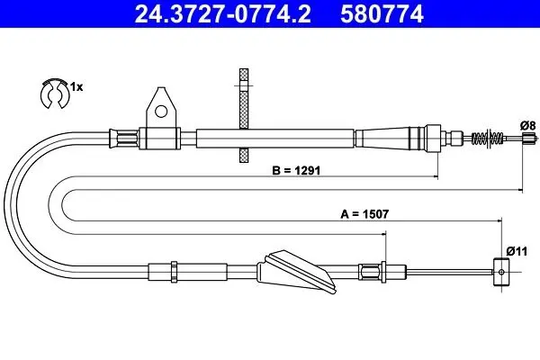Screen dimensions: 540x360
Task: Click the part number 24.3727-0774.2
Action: pyautogui.click(x=222, y=14)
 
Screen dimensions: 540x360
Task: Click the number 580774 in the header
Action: pyautogui.click(x=382, y=14)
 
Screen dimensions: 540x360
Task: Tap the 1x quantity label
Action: pyautogui.click(x=76, y=87)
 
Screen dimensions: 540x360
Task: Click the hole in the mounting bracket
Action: pyautogui.click(x=161, y=112)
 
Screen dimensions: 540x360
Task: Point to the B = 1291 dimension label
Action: pyautogui.click(x=296, y=170)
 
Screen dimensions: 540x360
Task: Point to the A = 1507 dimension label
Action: pyautogui.click(x=364, y=214)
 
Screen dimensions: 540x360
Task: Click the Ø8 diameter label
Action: pyautogui.click(x=527, y=125)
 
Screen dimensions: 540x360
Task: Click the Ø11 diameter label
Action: pyautogui.click(x=517, y=251)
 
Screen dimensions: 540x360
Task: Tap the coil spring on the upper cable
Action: pyautogui.click(x=487, y=138)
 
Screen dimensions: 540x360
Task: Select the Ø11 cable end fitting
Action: pyautogui.click(x=501, y=272)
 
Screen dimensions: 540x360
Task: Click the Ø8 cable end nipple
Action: pyautogui.click(x=530, y=138)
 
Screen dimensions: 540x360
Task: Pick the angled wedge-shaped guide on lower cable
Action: pyautogui.click(x=296, y=272)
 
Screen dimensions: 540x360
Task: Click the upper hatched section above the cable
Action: pyautogui.click(x=244, y=99)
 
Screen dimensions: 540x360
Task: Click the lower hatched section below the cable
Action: pyautogui.click(x=244, y=155)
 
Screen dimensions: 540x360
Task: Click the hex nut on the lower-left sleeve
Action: pyautogui.click(x=175, y=272)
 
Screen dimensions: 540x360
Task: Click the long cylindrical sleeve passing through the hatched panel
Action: pyautogui.click(x=275, y=139)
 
